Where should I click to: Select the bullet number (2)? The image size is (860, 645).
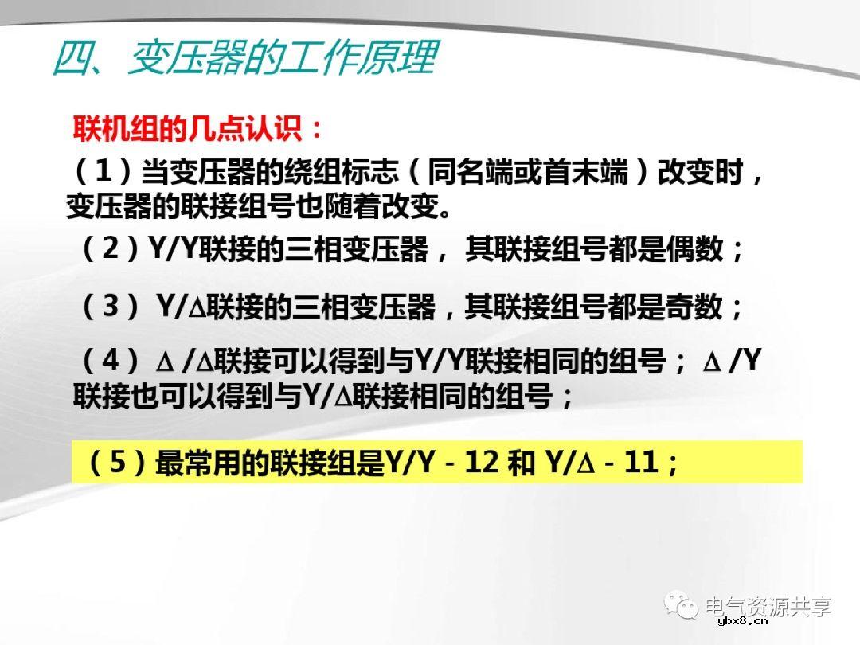pos(111,250)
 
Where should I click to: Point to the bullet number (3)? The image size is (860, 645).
pos(111,307)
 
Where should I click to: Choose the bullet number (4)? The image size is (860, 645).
pos(111,362)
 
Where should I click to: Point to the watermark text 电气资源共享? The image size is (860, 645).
pos(768,606)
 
